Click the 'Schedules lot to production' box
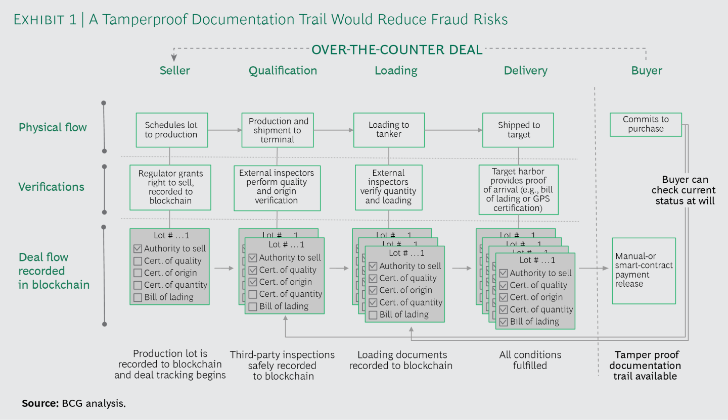click(171, 130)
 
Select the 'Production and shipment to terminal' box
click(278, 130)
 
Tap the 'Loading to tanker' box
click(389, 130)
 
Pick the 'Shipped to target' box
click(519, 130)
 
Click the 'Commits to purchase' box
click(646, 124)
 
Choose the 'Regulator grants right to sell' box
click(170, 187)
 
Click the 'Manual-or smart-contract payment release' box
click(644, 271)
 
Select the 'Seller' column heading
click(175, 71)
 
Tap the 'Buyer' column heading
click(647, 71)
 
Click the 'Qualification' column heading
click(283, 71)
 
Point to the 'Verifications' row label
click(52, 187)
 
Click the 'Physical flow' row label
click(53, 127)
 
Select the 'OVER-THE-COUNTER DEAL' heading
click(397, 50)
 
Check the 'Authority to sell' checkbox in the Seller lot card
click(138, 249)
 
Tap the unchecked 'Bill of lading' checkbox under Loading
click(373, 315)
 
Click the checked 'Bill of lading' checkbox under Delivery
click(504, 322)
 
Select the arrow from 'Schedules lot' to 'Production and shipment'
click(225, 130)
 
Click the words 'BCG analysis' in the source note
click(94, 403)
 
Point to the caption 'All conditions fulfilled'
click(530, 360)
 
